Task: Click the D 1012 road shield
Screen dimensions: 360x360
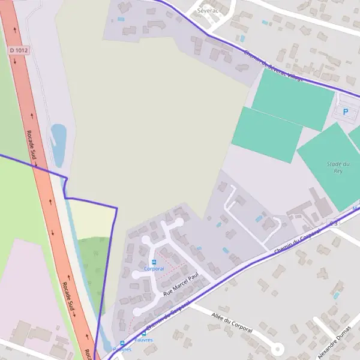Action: (19, 51)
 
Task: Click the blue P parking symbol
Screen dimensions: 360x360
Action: (345, 111)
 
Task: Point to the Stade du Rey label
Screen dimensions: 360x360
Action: (338, 167)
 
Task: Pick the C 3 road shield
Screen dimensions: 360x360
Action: (334, 223)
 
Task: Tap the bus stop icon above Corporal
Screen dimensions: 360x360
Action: (154, 262)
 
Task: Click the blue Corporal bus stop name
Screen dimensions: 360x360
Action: (154, 269)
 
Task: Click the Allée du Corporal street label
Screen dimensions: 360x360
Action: (232, 323)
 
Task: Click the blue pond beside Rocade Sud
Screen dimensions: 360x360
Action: (58, 144)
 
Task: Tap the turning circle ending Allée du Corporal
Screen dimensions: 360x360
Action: (277, 348)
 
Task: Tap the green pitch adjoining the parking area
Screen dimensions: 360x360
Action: (292, 99)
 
